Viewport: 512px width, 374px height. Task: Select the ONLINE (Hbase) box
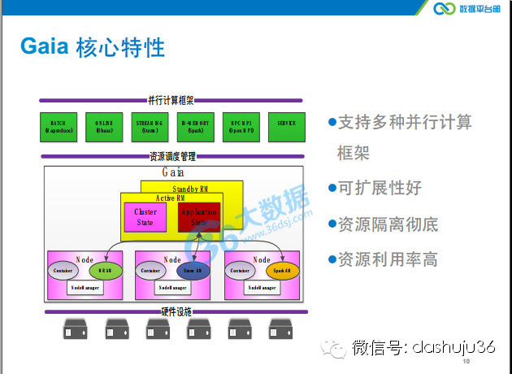pyautogui.click(x=105, y=127)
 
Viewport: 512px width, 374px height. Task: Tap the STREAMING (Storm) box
pyautogui.click(x=150, y=127)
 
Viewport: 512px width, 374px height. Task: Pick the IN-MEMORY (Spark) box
pyautogui.click(x=195, y=127)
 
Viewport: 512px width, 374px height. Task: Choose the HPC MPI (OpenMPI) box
pyautogui.click(x=241, y=127)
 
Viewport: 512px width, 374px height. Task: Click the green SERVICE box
pyautogui.click(x=286, y=127)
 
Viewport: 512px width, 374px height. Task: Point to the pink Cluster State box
pyautogui.click(x=145, y=217)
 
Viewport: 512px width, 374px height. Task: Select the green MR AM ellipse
pyautogui.click(x=105, y=270)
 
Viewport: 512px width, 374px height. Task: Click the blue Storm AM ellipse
pyautogui.click(x=193, y=270)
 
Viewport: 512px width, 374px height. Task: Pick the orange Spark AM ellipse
pyautogui.click(x=282, y=270)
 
